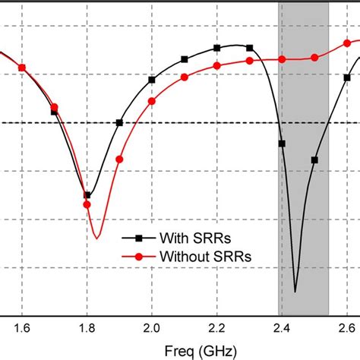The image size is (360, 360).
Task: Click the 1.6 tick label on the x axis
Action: point(22,327)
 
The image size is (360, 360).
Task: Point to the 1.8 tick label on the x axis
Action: point(87,327)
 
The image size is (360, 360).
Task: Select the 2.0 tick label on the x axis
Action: point(152,327)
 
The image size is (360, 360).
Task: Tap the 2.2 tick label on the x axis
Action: point(217,327)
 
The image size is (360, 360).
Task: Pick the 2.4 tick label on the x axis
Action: point(282,327)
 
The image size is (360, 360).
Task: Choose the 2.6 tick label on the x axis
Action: point(346,327)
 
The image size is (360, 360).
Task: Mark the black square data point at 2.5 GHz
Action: point(314,159)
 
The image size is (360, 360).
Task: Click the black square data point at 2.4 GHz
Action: point(282,144)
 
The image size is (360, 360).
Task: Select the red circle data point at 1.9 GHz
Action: point(119,159)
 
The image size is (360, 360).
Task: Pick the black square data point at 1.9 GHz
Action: point(119,123)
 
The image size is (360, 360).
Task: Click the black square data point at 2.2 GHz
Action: point(217,48)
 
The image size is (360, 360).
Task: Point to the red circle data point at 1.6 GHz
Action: point(22,68)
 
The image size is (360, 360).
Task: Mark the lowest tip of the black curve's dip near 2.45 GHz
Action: point(295,292)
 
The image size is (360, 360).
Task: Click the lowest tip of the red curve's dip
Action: point(96,238)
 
